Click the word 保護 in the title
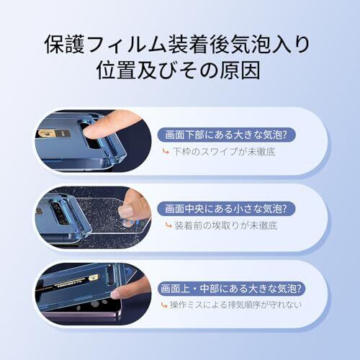pos(65,45)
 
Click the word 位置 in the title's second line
pos(117,70)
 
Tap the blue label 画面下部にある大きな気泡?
pos(226,135)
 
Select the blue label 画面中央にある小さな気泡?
pos(226,209)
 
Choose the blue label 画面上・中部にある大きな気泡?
pos(231,288)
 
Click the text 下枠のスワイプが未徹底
pos(224,152)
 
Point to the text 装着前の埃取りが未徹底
pos(225,225)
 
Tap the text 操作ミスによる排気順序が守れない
pos(235,305)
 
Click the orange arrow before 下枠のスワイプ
pos(166,151)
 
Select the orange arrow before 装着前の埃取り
pos(168,225)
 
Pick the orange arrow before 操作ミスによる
pos(164,305)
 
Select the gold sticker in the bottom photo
pos(93,278)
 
